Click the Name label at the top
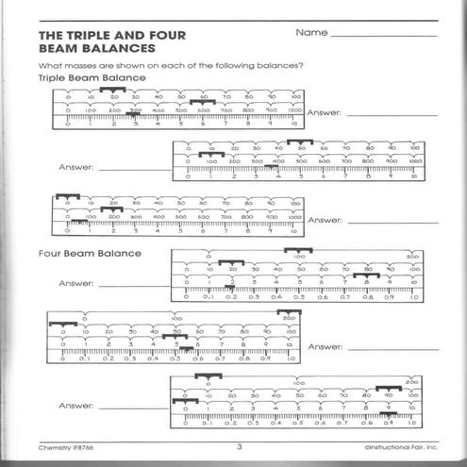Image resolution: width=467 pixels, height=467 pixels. click(x=310, y=32)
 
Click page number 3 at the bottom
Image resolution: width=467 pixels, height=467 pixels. click(x=240, y=446)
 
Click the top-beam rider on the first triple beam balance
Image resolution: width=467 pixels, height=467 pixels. click(x=112, y=89)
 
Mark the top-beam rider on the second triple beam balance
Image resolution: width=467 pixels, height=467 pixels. click(x=299, y=142)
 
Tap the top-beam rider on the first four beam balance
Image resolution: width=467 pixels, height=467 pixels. click(x=297, y=250)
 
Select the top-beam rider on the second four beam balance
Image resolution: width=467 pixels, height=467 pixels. click(x=289, y=312)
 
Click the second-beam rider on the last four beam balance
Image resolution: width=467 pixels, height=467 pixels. click(x=389, y=388)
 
